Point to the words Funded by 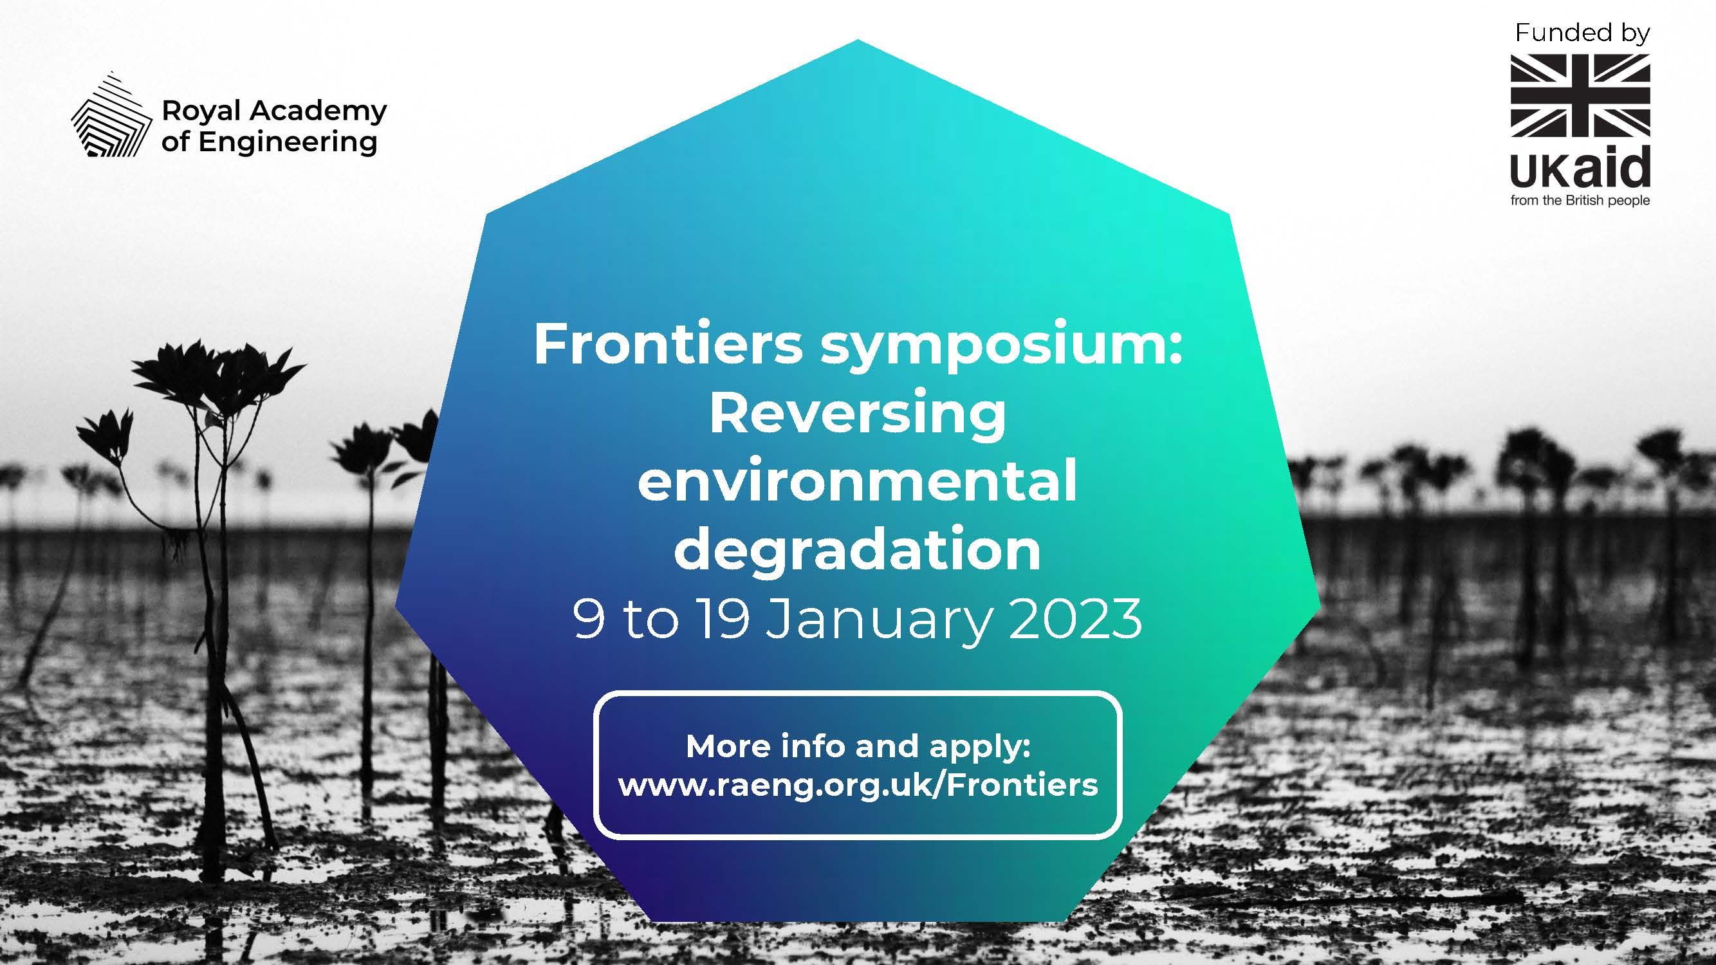pyautogui.click(x=1582, y=33)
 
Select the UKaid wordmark pyautogui.click(x=1580, y=169)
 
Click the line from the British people pyautogui.click(x=1580, y=201)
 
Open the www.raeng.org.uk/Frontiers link pyautogui.click(x=858, y=785)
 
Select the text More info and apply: pyautogui.click(x=858, y=747)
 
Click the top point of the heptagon pyautogui.click(x=858, y=39)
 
